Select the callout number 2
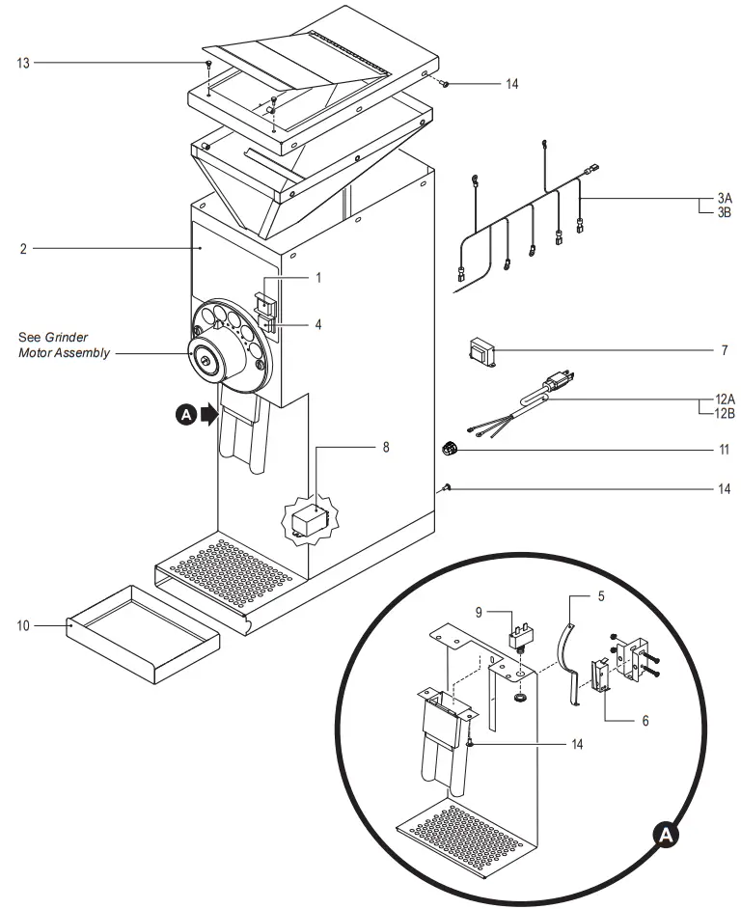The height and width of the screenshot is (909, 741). click(22, 249)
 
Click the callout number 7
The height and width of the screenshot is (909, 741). click(724, 350)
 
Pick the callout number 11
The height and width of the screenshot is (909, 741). click(723, 449)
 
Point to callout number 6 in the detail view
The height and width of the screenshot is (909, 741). click(645, 720)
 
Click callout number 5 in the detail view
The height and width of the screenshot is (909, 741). click(601, 596)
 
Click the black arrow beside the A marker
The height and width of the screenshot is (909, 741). click(207, 415)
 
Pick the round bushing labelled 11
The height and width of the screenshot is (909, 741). click(448, 448)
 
